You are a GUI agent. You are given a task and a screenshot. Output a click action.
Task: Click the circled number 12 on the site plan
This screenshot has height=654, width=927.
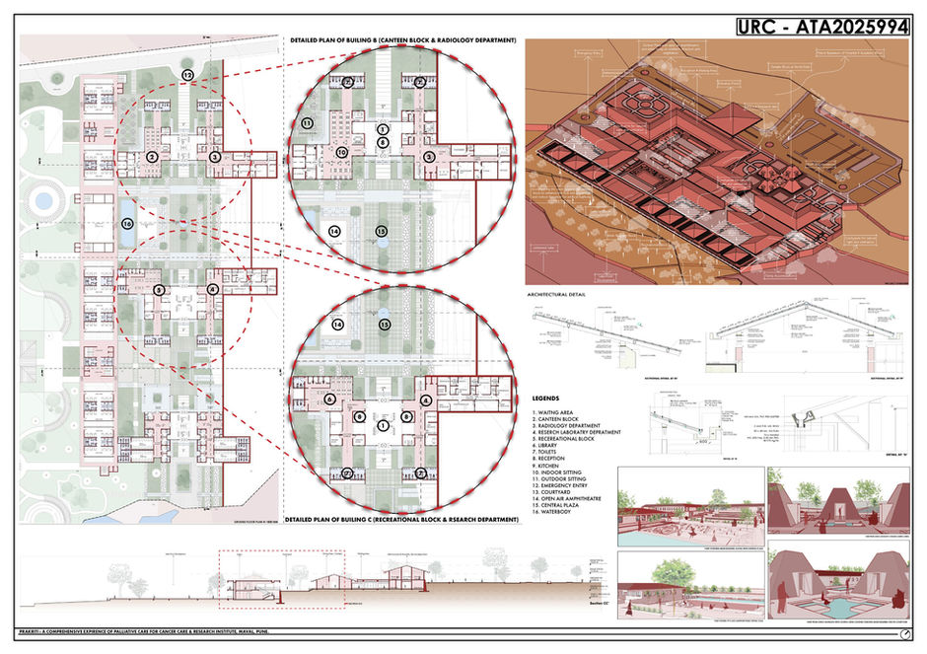[187, 75]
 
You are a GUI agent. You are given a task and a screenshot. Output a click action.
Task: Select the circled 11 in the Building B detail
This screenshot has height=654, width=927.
[307, 123]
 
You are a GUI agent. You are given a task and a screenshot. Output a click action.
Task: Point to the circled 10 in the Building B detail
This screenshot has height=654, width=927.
[341, 152]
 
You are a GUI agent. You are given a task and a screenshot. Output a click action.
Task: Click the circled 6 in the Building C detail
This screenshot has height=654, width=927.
[329, 400]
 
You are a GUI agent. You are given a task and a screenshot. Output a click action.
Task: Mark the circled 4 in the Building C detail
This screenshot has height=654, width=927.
[425, 400]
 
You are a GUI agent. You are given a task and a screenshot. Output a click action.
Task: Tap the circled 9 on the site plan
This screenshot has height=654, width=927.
[159, 290]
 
